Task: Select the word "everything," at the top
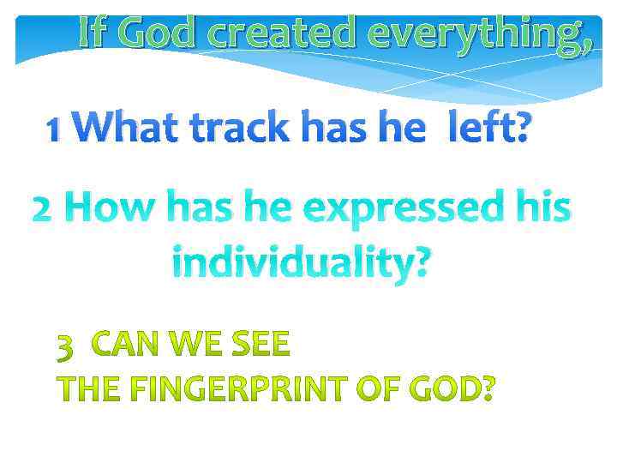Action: coord(478,34)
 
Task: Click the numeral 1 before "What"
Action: coord(54,130)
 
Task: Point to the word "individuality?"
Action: coord(303,260)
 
